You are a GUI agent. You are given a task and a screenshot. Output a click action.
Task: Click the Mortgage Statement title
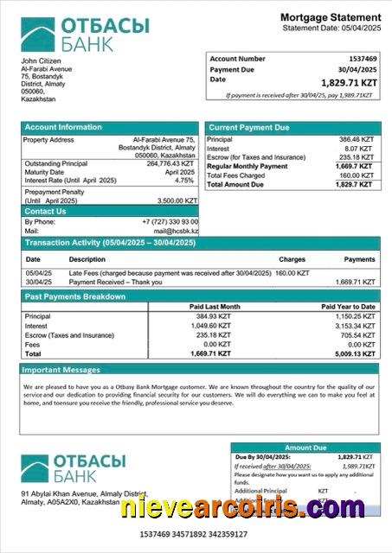330,18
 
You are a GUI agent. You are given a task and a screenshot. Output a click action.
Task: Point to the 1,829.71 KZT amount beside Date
349,82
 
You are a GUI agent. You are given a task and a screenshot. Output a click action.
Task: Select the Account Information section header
63,128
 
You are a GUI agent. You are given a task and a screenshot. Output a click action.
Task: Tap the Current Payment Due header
249,128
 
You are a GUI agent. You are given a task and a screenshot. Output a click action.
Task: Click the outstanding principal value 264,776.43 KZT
172,163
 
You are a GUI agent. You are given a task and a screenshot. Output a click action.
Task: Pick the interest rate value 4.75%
184,181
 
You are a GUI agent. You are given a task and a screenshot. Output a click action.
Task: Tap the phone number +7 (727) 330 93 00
170,222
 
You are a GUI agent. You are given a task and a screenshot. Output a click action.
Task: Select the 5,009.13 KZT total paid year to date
355,353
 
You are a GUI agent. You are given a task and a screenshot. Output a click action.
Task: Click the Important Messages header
61,370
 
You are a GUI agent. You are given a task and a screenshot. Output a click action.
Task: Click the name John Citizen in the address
41,61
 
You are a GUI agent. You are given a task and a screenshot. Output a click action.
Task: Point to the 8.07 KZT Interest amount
362,149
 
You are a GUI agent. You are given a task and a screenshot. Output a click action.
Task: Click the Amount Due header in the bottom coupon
305,448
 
